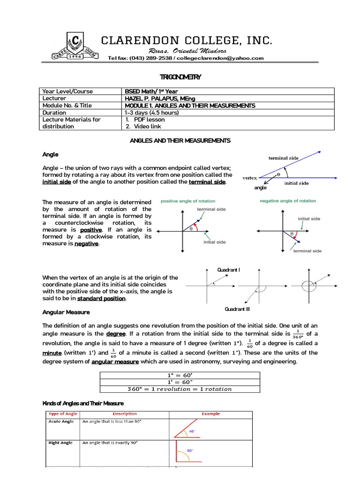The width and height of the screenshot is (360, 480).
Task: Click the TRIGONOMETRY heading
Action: pos(180,77)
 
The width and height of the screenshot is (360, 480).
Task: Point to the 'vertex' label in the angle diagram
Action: pos(249,178)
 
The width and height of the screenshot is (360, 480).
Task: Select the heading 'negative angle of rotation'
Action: pos(288,201)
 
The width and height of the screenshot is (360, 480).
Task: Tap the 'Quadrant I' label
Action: pos(228,270)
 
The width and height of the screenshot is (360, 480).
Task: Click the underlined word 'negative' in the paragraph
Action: pos(86,244)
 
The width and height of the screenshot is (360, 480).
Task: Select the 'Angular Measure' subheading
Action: pos(66,312)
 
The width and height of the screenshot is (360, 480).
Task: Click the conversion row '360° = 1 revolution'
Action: pos(180,389)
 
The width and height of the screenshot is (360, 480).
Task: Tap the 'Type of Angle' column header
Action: pos(63,414)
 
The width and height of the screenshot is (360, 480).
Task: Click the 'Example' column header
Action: pos(210,414)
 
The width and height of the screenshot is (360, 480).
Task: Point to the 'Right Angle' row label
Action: pos(61,443)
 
